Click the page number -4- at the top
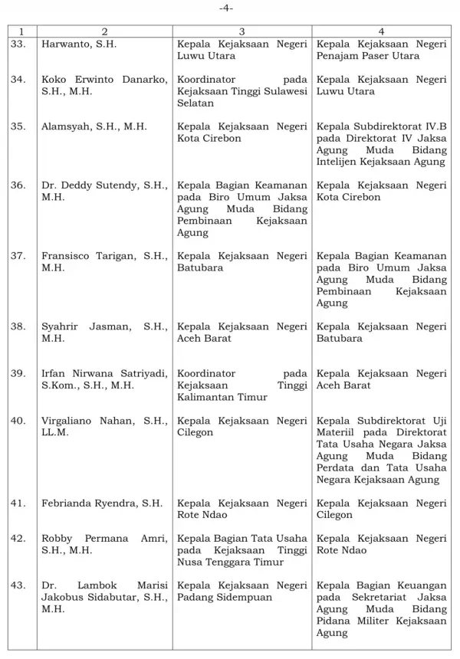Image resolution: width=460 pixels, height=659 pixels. coord(228,8)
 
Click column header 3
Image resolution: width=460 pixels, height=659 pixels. coord(242,31)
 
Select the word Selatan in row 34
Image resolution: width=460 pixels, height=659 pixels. coord(195,103)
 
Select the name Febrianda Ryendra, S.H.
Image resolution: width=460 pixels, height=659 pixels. coord(101,503)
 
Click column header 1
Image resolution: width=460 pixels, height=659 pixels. coord(21,31)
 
